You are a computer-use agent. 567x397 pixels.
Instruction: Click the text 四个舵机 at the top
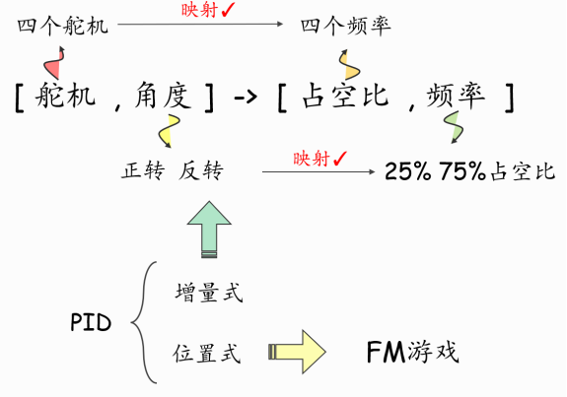tap(63, 26)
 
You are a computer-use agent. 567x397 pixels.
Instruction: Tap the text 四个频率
tap(346, 26)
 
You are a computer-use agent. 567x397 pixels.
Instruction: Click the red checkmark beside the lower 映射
tap(340, 159)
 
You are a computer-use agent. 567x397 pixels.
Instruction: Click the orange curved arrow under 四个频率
tap(349, 65)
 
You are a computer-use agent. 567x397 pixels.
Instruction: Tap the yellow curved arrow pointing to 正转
tap(169, 131)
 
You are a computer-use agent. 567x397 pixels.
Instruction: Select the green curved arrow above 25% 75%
tap(455, 127)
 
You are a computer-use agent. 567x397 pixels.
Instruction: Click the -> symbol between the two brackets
tap(246, 97)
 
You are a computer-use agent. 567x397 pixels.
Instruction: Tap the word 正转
tap(143, 170)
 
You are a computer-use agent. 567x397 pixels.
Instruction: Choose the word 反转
tap(201, 170)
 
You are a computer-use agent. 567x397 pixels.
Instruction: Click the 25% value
tap(408, 171)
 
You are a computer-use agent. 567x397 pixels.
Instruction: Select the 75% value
tap(462, 171)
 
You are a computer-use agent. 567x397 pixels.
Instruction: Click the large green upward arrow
tap(209, 230)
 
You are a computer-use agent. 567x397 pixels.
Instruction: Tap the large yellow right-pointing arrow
tap(297, 352)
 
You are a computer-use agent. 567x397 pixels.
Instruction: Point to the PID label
tap(91, 322)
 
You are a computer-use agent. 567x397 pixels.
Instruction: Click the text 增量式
tap(209, 292)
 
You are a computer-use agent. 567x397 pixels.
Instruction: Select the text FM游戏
tap(412, 352)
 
